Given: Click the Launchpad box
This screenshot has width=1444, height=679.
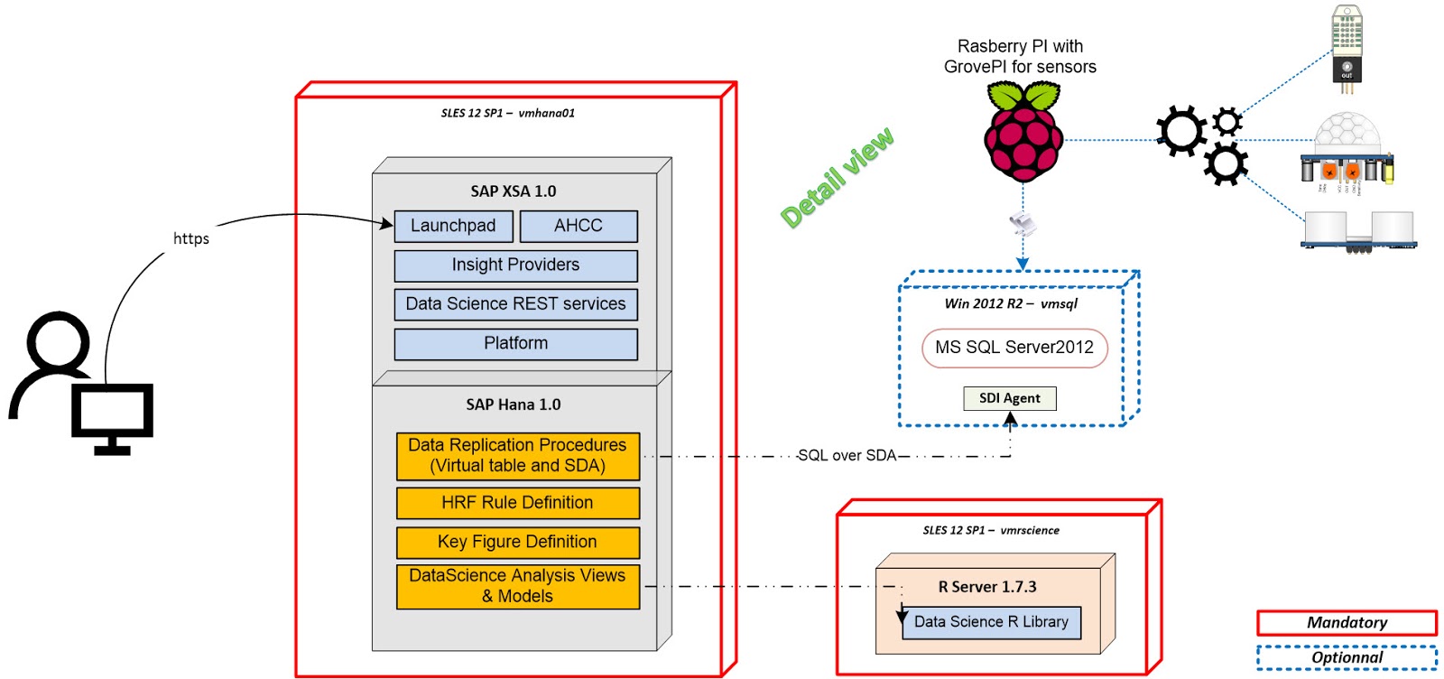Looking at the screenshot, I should pyautogui.click(x=453, y=226).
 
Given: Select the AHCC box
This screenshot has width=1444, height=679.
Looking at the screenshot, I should pyautogui.click(x=579, y=226).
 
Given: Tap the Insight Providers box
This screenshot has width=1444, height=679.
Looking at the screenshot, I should pyautogui.click(x=515, y=265).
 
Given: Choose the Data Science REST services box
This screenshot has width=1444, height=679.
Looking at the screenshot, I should pyautogui.click(x=515, y=304).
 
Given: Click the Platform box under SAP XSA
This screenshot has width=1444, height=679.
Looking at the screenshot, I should pyautogui.click(x=515, y=344).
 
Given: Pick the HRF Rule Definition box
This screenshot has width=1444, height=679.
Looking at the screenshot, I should pyautogui.click(x=517, y=503).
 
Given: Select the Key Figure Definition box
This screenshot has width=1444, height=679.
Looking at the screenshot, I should pyautogui.click(x=517, y=542).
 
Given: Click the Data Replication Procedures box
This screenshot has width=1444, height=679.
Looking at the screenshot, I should pyautogui.click(x=517, y=456).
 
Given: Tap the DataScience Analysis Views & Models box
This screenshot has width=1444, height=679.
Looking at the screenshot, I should pyautogui.click(x=517, y=586).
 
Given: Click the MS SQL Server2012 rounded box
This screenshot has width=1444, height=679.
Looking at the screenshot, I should pyautogui.click(x=1014, y=348).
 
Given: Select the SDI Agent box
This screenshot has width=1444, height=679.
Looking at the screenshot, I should pyautogui.click(x=1009, y=398).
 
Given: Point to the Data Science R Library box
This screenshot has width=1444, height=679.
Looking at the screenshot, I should pyautogui.click(x=991, y=622).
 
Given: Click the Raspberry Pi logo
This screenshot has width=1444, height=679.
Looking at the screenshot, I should pyautogui.click(x=1023, y=134).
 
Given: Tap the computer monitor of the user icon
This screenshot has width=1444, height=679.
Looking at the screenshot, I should pyautogui.click(x=112, y=413).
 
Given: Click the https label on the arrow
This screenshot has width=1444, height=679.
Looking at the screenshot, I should pyautogui.click(x=190, y=238).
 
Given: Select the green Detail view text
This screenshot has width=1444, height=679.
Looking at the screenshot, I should pyautogui.click(x=837, y=177).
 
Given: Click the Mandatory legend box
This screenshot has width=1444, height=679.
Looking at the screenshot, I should pyautogui.click(x=1347, y=623).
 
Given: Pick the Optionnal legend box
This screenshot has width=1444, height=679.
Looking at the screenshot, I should pyautogui.click(x=1347, y=657).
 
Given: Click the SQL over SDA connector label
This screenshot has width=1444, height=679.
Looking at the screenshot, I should pyautogui.click(x=847, y=456).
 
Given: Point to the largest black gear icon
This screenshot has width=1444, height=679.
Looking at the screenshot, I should pyautogui.click(x=1180, y=130).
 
